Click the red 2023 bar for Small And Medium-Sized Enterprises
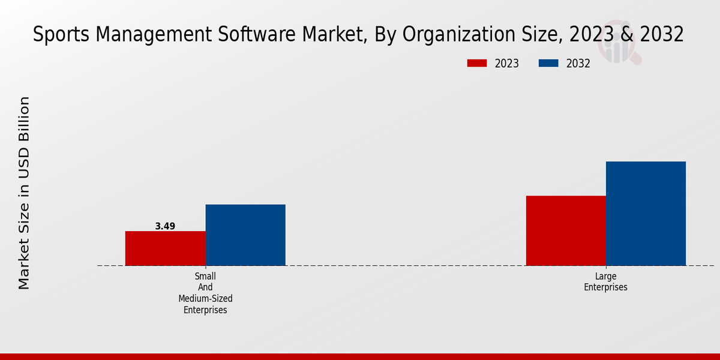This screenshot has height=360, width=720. coord(165,248)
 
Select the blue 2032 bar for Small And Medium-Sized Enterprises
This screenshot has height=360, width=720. coord(245,235)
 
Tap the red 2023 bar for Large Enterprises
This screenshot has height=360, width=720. coord(566,230)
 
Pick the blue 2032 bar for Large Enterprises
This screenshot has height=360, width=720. coord(646,214)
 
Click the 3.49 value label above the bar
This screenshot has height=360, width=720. coord(165,226)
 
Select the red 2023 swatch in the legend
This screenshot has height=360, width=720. coord(477,64)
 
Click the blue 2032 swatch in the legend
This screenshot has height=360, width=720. coord(548,64)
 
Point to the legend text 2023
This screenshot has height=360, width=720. coord(507,64)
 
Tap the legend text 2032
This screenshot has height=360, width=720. coord(578,64)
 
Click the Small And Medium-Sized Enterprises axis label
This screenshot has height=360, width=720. coord(205,293)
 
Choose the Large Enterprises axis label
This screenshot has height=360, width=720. coord(605,281)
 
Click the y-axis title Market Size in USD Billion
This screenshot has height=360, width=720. coord(24,193)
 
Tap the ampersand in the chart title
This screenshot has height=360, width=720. coord(626,35)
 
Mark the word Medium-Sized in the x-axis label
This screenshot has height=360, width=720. coord(205,298)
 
